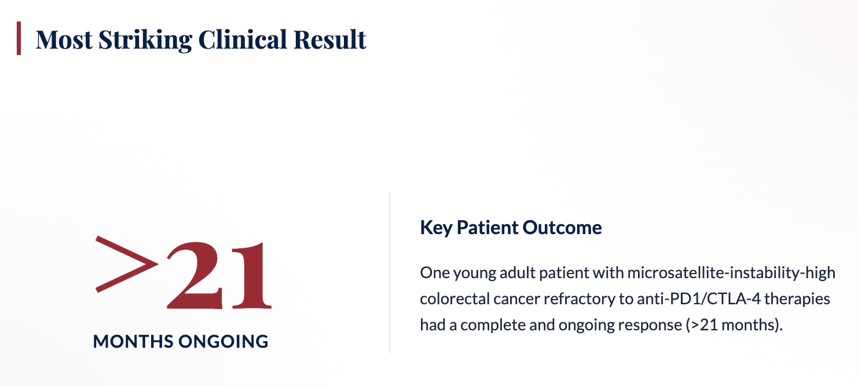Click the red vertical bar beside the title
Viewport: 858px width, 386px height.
click(19, 38)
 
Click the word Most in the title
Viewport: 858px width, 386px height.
click(64, 39)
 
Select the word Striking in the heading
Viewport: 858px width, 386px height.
click(145, 40)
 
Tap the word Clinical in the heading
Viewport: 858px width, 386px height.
click(243, 39)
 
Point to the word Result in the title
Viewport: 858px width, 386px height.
click(330, 39)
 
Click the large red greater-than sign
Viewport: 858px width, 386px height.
click(127, 264)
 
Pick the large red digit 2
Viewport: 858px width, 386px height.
click(194, 275)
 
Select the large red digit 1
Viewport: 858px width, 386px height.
click(252, 275)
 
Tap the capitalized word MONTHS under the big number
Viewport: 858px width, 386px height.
click(133, 341)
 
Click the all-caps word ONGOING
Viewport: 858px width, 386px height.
click(223, 341)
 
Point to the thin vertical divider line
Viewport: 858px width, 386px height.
click(390, 273)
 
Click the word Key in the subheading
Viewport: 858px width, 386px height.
click(437, 228)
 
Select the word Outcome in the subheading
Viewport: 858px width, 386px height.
click(562, 227)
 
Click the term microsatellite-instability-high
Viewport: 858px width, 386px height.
click(731, 273)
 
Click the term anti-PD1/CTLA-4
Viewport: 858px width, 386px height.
click(699, 299)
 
